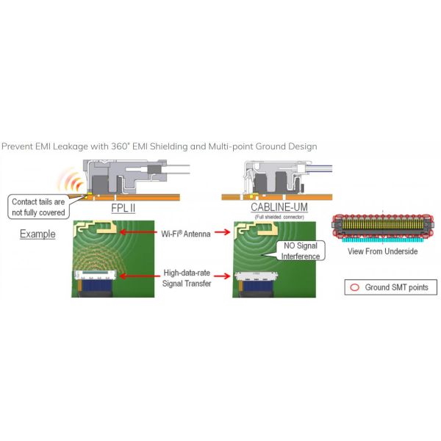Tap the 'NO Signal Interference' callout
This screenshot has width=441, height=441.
[301, 252]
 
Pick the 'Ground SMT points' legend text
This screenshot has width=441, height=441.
[396, 287]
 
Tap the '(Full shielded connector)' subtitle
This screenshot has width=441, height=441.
[268, 217]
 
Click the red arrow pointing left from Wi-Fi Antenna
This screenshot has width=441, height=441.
[140, 233]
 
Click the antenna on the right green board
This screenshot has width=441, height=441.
[248, 234]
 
